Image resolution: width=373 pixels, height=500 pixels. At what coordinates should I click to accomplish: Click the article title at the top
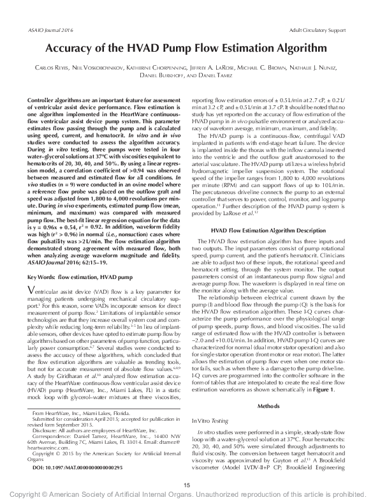(186, 48)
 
